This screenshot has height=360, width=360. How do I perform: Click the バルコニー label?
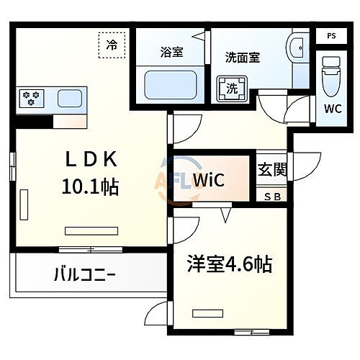(85, 274)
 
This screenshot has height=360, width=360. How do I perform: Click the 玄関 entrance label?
(273, 171)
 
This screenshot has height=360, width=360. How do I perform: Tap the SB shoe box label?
(273, 196)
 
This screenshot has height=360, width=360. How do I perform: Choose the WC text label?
(332, 109)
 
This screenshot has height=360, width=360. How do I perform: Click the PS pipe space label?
(330, 35)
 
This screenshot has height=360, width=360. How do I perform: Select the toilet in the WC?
(331, 75)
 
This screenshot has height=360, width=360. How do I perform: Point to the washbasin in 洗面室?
(295, 53)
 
